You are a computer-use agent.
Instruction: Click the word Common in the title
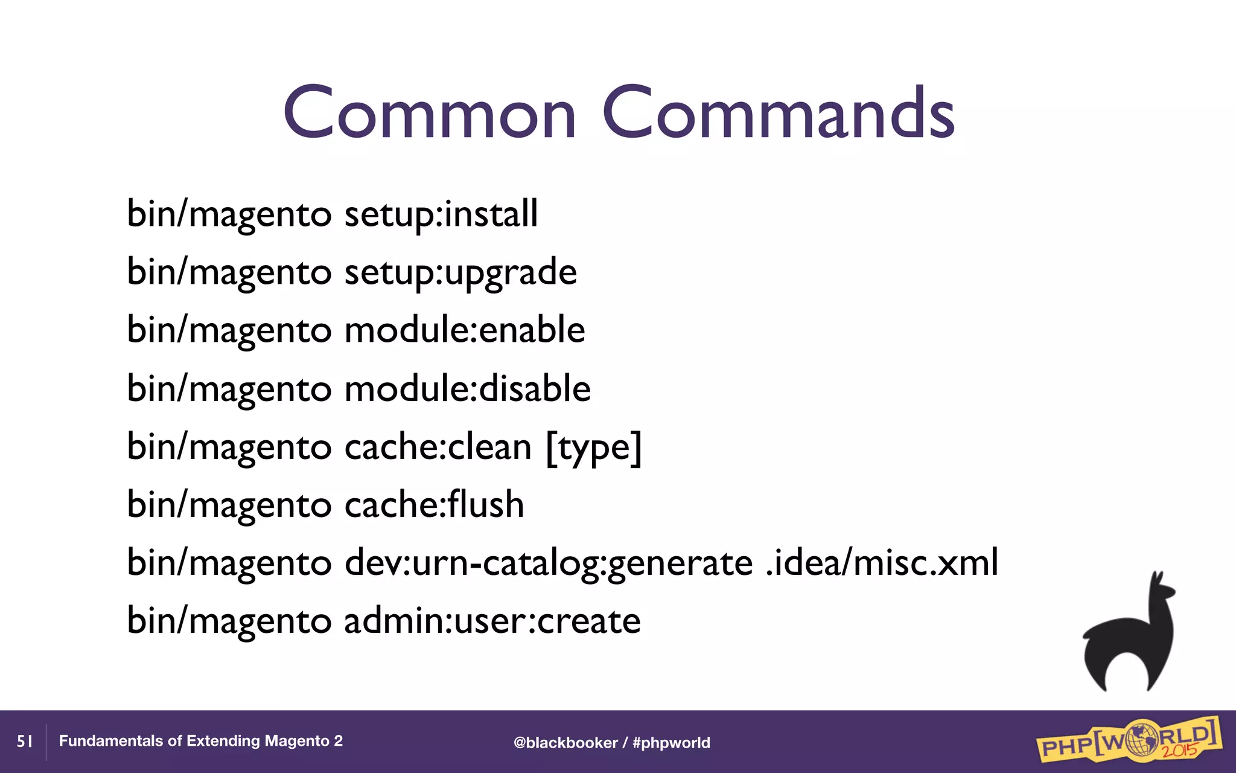tap(430, 113)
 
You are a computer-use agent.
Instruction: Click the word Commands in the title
tap(779, 113)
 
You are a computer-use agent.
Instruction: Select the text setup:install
tap(441, 214)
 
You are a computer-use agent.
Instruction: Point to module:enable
tap(465, 330)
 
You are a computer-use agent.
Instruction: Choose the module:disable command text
tap(467, 388)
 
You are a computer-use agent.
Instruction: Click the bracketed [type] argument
tap(594, 447)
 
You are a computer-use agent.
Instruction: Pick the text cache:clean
tap(438, 447)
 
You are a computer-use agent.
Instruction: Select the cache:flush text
tap(434, 505)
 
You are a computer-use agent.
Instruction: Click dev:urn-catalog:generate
tap(549, 563)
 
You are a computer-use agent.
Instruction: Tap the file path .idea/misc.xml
tap(882, 563)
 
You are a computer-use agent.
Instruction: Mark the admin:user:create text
tap(492, 621)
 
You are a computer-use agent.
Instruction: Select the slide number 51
tap(25, 742)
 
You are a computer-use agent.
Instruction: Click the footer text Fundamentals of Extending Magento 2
tap(200, 741)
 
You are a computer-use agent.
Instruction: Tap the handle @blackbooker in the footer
tap(565, 743)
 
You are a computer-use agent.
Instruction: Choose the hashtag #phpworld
tap(671, 743)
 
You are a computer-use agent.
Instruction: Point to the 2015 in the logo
tap(1180, 751)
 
